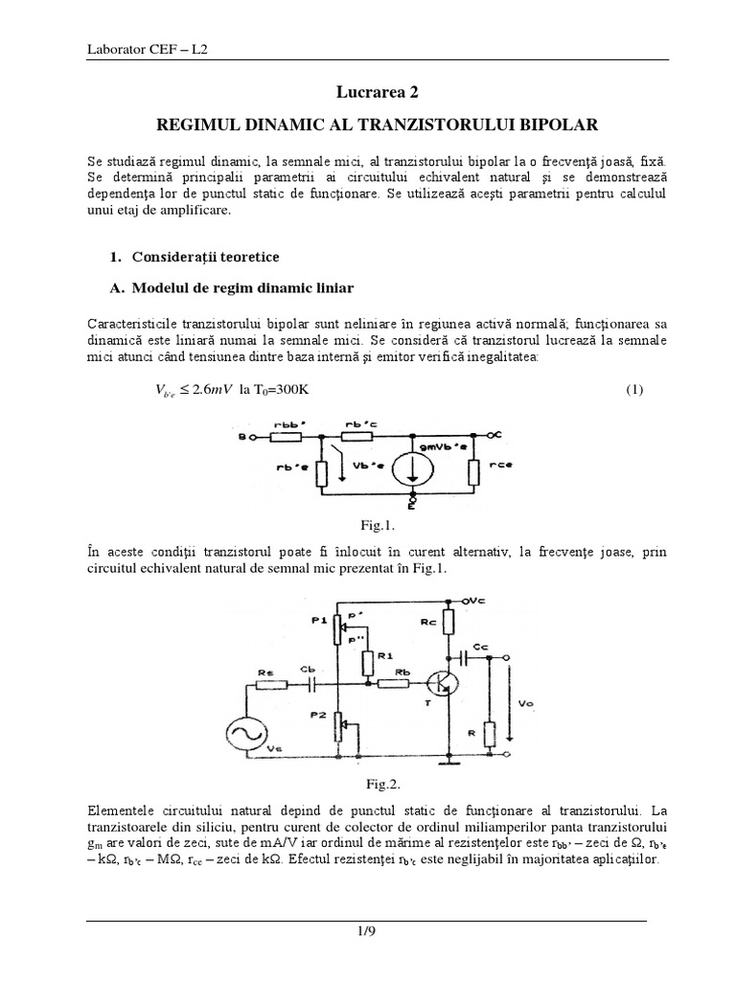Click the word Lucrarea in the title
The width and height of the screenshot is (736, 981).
tap(356, 93)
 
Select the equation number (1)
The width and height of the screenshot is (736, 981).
tap(633, 390)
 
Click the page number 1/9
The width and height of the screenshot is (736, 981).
tap(367, 930)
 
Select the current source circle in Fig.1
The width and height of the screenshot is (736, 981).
tap(415, 462)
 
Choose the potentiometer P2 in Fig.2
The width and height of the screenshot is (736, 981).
tap(338, 728)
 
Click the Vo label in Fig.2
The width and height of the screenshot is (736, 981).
tap(525, 705)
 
